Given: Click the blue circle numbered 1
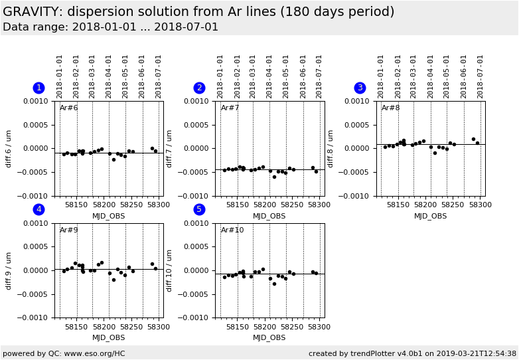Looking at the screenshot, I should (38, 88).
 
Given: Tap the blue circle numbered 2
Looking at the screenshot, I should (199, 88).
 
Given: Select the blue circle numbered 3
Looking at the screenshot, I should (360, 88).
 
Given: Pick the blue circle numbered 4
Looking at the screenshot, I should (38, 209).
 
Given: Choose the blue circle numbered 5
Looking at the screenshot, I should (199, 209).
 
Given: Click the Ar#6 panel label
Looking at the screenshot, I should (69, 108).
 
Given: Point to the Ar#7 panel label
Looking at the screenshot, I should (230, 108).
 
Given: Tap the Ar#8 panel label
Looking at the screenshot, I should (391, 108).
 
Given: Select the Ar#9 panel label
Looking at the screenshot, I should (69, 230).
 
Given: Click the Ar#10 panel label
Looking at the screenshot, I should (232, 230).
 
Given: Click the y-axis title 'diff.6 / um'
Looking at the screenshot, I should (9, 148).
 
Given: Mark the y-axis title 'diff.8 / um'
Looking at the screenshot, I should (331, 148).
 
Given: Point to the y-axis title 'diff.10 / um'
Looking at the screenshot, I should (169, 270).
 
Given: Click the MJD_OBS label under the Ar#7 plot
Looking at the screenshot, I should (269, 216).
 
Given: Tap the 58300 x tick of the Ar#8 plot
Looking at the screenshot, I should (480, 205).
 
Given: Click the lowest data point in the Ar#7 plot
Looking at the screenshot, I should (274, 177).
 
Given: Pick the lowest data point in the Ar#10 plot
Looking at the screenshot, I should (274, 284).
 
